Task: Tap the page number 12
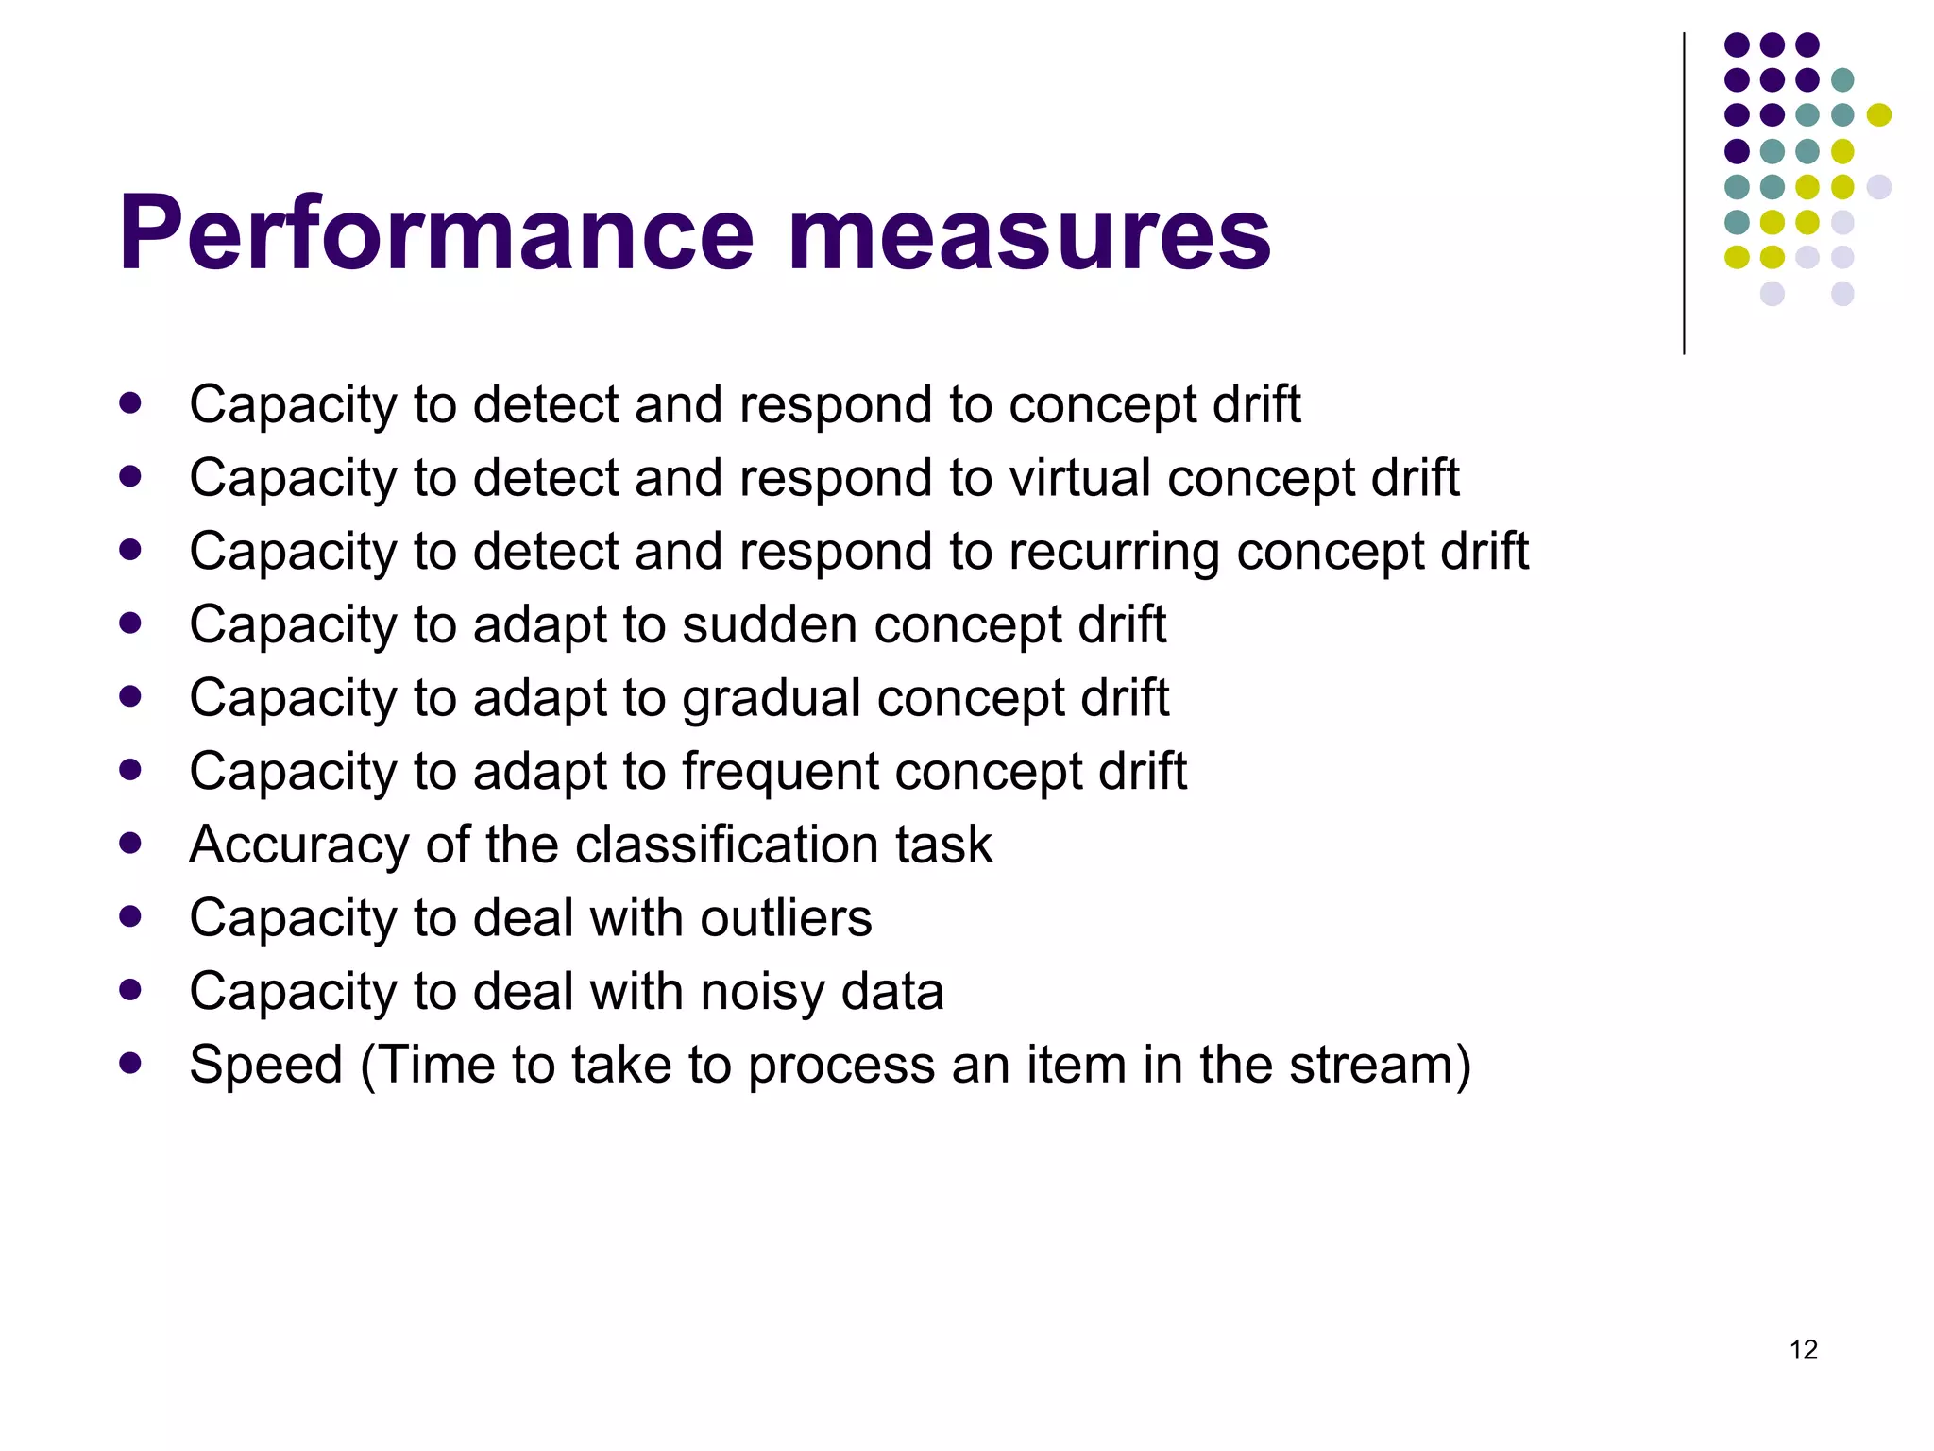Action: pyautogui.click(x=1803, y=1349)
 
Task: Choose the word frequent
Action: pyautogui.click(x=778, y=772)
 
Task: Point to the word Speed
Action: pyautogui.click(x=265, y=1066)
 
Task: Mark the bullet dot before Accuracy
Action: pyautogui.click(x=130, y=843)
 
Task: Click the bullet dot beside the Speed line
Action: pyautogui.click(x=130, y=1064)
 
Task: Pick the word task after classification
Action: pyautogui.click(x=943, y=844)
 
